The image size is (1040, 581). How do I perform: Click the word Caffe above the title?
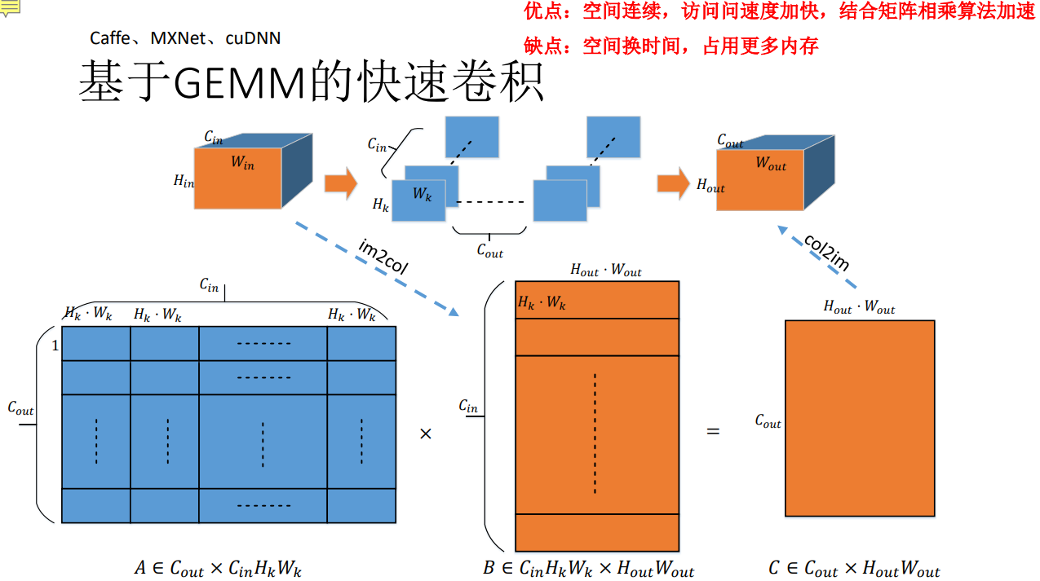109,38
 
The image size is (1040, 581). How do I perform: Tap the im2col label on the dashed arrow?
383,256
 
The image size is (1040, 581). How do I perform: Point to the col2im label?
827,253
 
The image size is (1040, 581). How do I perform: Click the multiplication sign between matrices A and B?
425,434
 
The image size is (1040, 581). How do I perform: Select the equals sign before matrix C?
713,431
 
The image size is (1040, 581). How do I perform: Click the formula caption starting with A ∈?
218,569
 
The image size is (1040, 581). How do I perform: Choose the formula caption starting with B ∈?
588,569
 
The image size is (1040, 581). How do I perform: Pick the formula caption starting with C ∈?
854,569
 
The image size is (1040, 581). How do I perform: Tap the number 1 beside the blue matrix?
55,346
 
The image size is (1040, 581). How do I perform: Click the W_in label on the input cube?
242,163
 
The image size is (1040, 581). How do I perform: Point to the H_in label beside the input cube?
184,182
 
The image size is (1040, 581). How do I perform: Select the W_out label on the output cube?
771,163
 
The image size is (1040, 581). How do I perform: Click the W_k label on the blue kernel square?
422,194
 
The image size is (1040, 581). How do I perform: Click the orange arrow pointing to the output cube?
673,183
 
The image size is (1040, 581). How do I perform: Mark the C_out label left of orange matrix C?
768,421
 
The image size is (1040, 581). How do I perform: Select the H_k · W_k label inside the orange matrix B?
542,303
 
